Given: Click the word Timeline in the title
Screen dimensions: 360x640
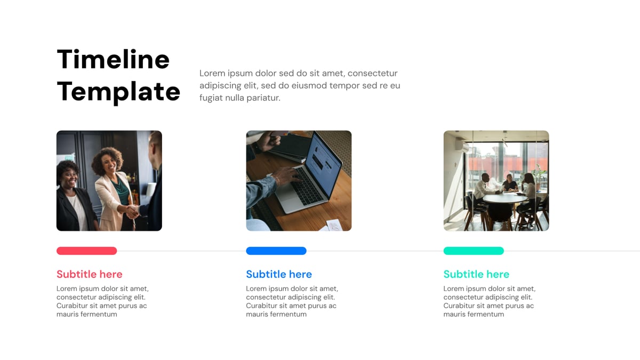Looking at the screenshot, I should pyautogui.click(x=113, y=59).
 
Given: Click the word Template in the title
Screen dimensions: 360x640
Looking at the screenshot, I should pyautogui.click(x=118, y=92).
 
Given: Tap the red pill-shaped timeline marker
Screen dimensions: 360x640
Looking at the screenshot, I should pyautogui.click(x=86, y=251).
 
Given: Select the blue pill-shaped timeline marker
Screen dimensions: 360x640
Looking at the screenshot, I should pyautogui.click(x=276, y=251).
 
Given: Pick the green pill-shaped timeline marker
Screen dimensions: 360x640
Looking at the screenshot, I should pyautogui.click(x=473, y=251).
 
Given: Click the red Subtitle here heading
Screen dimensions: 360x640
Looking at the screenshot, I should pyautogui.click(x=89, y=274).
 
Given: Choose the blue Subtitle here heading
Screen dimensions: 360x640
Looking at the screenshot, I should pyautogui.click(x=278, y=274).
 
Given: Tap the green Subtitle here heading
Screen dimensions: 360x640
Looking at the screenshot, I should pyautogui.click(x=476, y=274).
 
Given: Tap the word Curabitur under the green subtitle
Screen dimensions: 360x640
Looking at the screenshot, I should pyautogui.click(x=461, y=306).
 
